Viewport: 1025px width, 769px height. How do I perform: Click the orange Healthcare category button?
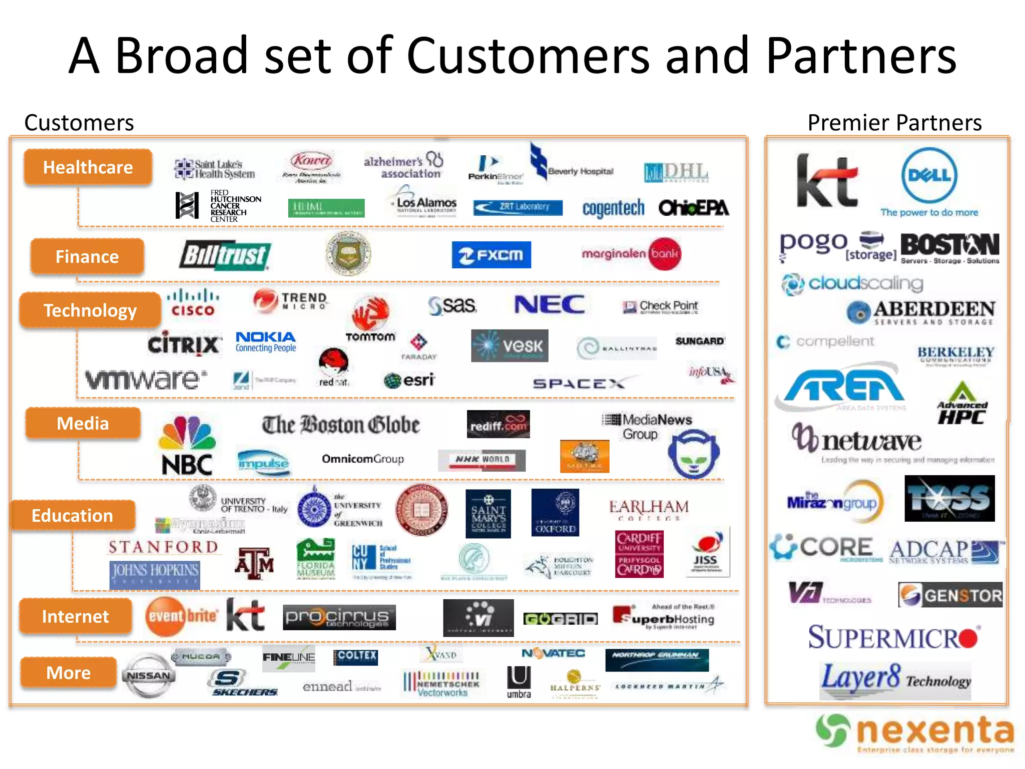coord(88,167)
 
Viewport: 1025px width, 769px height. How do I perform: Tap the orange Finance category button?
coord(87,257)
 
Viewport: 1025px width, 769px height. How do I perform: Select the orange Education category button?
coord(73,516)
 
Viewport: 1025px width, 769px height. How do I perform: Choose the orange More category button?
coord(69,673)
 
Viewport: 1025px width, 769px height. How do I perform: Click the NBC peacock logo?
coord(187,446)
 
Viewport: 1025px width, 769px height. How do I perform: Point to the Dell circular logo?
coord(929,176)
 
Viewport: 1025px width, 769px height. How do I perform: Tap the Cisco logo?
coord(193,303)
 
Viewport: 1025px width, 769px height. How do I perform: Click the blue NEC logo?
coord(549,304)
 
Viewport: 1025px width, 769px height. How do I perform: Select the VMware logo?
coord(146,379)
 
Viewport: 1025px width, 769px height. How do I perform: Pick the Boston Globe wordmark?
coord(341,425)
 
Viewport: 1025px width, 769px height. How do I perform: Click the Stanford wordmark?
coord(163,547)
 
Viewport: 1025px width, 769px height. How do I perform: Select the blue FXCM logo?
coord(491,255)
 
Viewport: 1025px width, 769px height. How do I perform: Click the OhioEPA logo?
coord(693,208)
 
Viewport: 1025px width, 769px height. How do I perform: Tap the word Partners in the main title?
coord(861,56)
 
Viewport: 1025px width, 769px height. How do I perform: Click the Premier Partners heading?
coord(894,123)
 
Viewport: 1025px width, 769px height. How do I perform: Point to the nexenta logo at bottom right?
coord(915,732)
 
